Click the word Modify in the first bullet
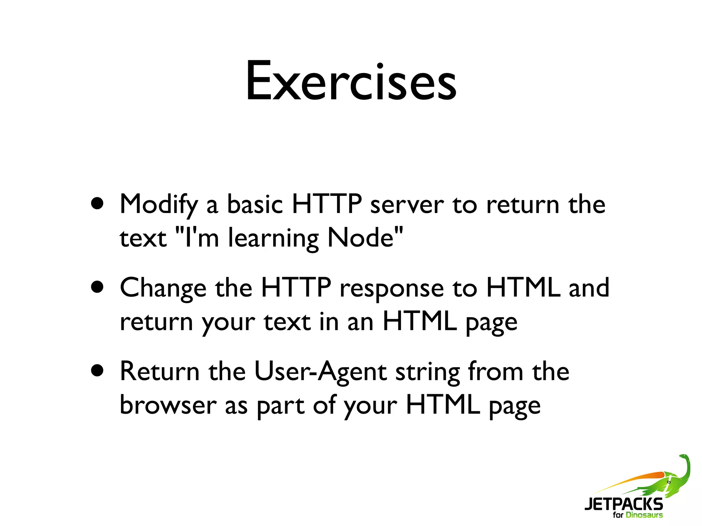(159, 205)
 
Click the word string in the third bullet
(428, 373)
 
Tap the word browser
(168, 405)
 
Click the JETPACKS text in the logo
(624, 504)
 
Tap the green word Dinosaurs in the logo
(644, 515)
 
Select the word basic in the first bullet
(255, 205)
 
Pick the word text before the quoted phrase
(143, 238)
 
